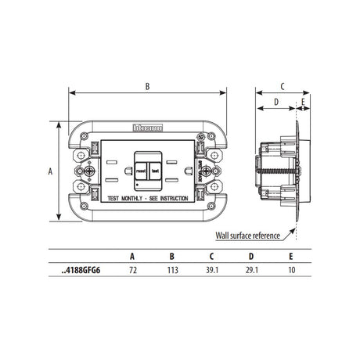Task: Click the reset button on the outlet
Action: (142, 168)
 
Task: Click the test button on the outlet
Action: (154, 168)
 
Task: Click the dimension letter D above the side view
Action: (276, 102)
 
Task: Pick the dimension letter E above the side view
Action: (302, 102)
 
